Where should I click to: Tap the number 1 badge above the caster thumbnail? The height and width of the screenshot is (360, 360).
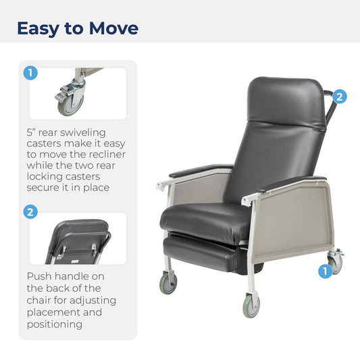tap(30, 73)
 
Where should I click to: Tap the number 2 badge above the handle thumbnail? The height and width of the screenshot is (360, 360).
tap(30, 212)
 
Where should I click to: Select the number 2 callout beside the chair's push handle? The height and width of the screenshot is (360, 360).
tap(340, 97)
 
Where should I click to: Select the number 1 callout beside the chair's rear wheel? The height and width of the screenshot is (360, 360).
tap(324, 271)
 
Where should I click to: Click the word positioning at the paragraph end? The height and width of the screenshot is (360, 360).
tap(54, 324)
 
